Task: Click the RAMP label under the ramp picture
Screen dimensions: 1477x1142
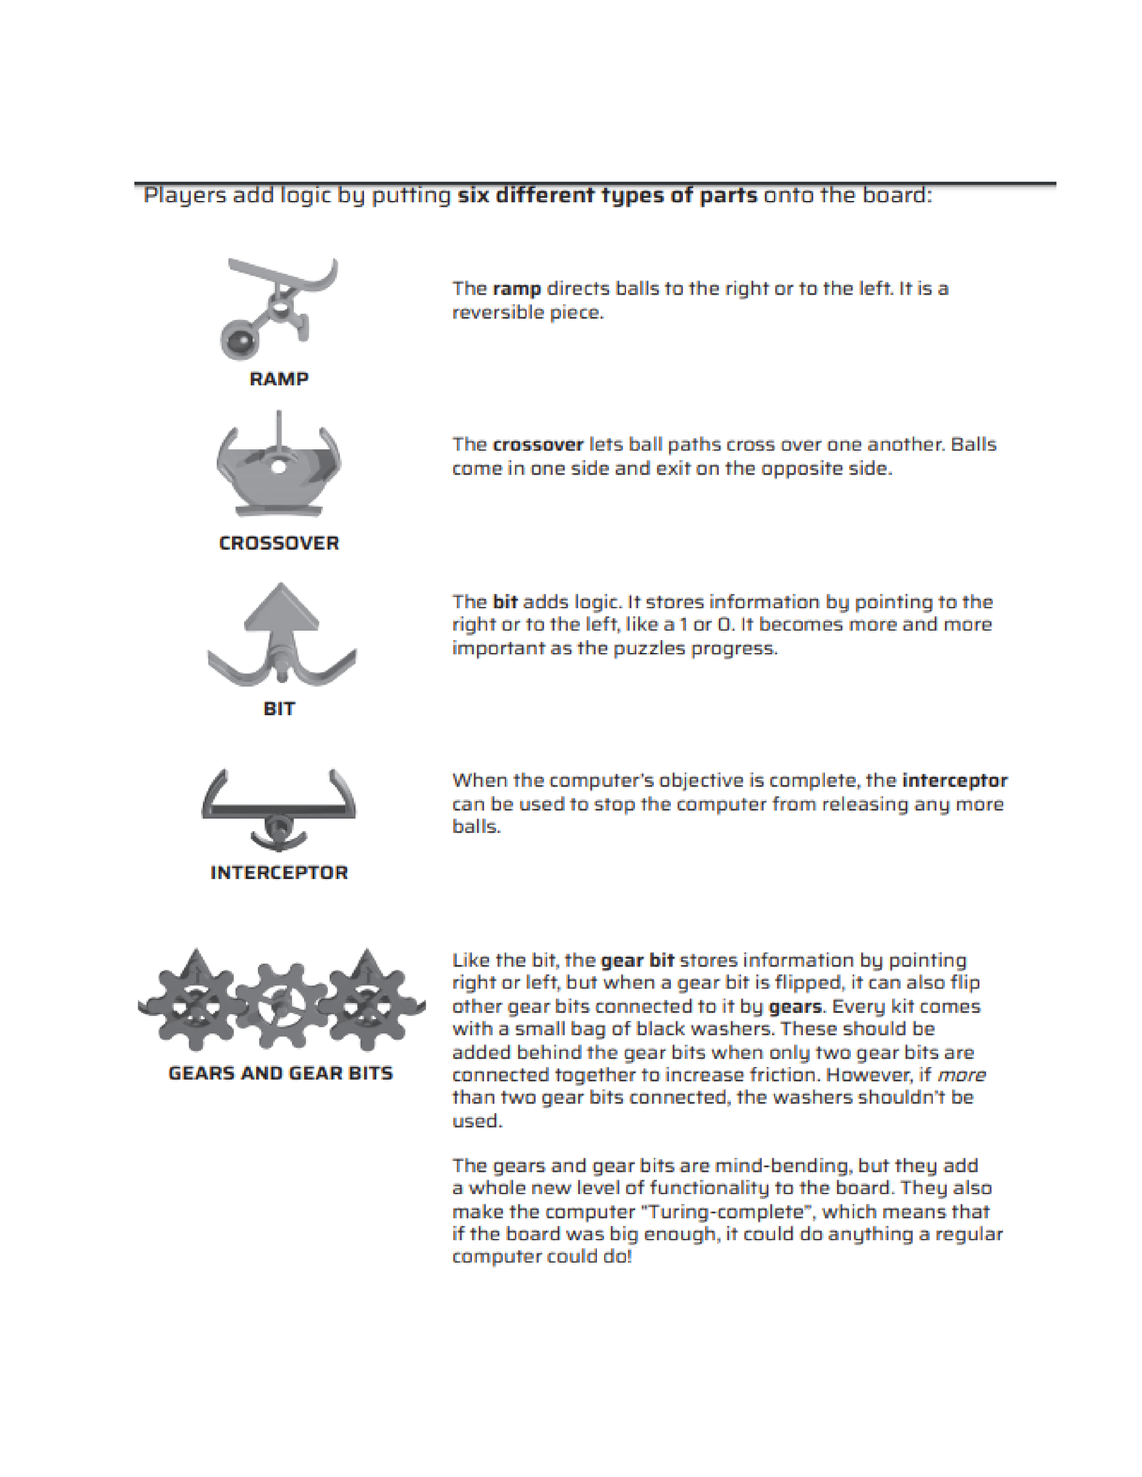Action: (x=279, y=379)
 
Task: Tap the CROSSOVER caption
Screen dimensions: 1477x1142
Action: (x=279, y=543)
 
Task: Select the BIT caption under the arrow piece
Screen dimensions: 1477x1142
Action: (x=279, y=709)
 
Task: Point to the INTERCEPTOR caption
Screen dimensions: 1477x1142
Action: (x=279, y=872)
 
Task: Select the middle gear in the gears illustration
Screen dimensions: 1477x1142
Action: (x=280, y=1002)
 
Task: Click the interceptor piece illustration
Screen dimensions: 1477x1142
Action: (x=279, y=808)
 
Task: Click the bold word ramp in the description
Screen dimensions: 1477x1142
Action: (x=517, y=289)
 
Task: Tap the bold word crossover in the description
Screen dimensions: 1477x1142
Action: (x=538, y=445)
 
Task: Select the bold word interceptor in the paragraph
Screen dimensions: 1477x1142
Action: (x=955, y=781)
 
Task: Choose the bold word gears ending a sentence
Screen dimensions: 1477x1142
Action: (x=796, y=1006)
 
